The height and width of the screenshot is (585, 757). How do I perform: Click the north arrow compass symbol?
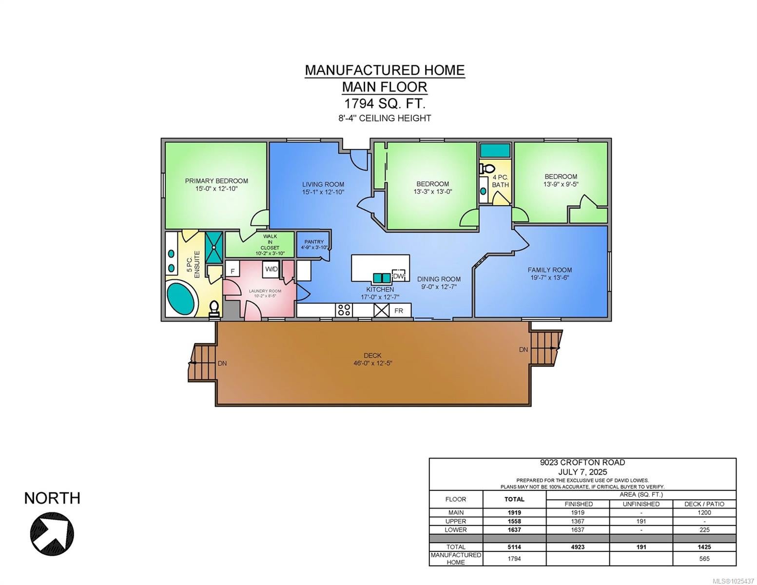(52, 533)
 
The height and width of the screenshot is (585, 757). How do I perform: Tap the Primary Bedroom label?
(216, 181)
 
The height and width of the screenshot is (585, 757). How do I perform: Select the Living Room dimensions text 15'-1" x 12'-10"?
(323, 192)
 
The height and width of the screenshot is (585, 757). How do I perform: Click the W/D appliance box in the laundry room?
(272, 269)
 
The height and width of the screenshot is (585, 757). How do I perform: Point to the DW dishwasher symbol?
(399, 275)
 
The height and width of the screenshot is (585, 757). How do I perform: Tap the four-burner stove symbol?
(344, 310)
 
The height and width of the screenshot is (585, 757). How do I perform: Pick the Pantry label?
(314, 241)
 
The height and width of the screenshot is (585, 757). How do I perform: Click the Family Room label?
(550, 270)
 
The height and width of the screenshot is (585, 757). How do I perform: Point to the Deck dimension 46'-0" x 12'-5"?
(373, 363)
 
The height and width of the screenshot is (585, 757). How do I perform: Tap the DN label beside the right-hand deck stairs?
(524, 350)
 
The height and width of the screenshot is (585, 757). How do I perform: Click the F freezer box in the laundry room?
(233, 271)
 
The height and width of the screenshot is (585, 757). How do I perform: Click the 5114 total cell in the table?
(514, 546)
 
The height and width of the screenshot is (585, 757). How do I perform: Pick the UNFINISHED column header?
(641, 504)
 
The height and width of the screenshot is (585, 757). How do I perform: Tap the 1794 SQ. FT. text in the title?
(385, 103)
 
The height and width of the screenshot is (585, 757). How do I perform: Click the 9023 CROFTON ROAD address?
(582, 462)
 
